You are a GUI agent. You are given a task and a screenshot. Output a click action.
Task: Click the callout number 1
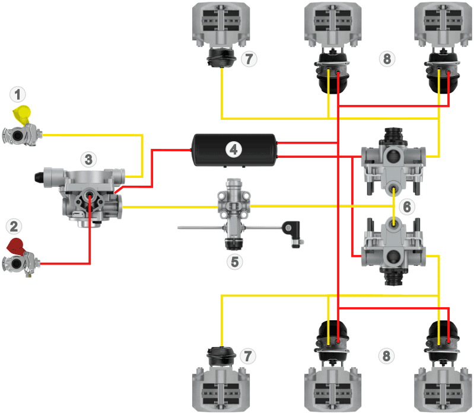coord(20,94)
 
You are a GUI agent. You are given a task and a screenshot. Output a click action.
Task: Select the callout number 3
coord(88,159)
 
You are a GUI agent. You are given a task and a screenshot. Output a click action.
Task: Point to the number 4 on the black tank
coord(234,149)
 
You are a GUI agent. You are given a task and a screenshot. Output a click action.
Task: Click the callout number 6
coord(406,206)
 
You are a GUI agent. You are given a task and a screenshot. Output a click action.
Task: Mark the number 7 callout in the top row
coord(249,59)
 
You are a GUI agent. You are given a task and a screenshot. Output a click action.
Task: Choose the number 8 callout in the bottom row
coord(386,356)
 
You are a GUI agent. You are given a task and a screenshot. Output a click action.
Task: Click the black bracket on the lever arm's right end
coord(292,230)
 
